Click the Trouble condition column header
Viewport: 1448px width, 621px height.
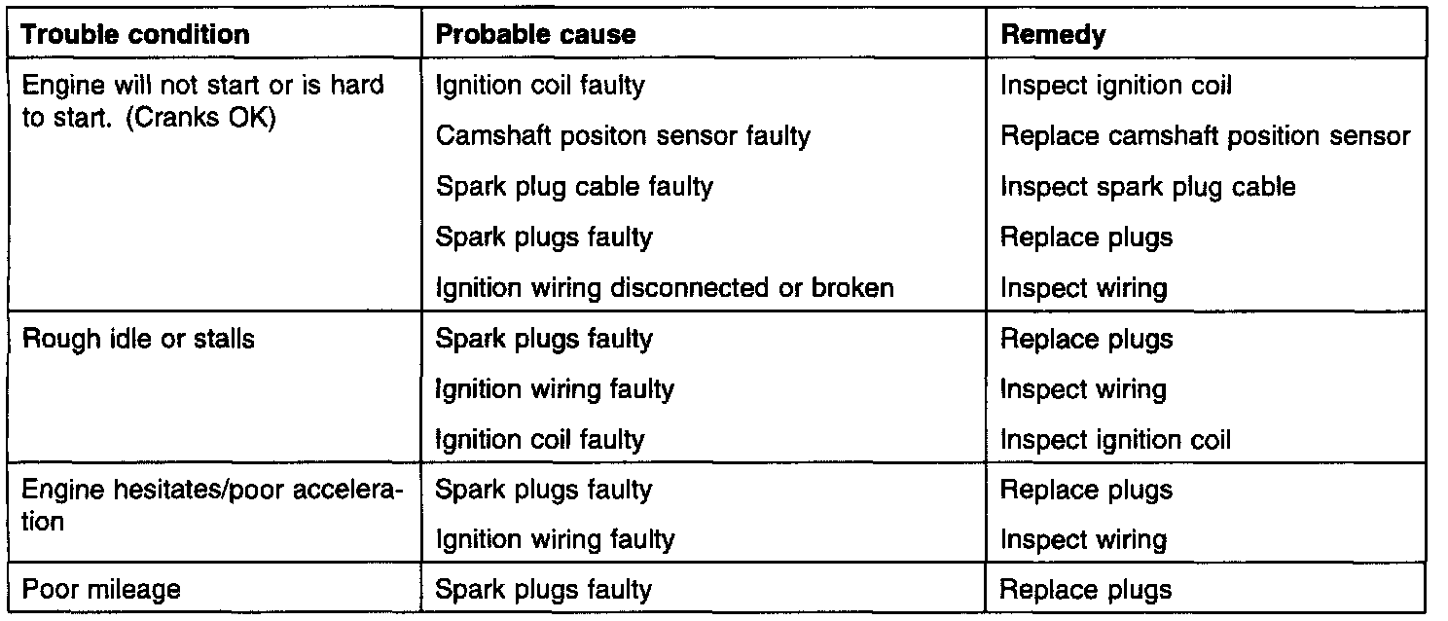click(x=135, y=35)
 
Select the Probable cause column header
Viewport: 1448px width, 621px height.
click(x=535, y=35)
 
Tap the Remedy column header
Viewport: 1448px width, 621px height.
click(x=1053, y=35)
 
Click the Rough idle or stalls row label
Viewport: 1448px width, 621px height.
click(x=138, y=339)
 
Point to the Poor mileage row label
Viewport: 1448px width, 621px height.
click(x=101, y=589)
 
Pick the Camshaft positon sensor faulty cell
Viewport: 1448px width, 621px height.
click(x=623, y=136)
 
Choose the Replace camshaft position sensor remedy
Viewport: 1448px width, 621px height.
click(x=1205, y=136)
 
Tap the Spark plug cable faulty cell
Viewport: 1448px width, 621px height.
click(x=574, y=187)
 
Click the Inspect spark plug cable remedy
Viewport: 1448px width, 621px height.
click(x=1148, y=187)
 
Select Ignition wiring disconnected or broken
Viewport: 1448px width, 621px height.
click(x=665, y=288)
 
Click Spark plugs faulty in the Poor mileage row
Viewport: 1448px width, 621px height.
click(x=544, y=589)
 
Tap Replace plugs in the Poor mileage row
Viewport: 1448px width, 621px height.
click(x=1086, y=589)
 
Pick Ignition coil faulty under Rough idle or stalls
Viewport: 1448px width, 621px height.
click(x=540, y=440)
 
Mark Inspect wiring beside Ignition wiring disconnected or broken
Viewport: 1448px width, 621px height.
click(x=1083, y=288)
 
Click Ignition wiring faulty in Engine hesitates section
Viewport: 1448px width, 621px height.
click(x=555, y=539)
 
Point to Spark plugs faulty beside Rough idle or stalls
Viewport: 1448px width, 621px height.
click(x=544, y=339)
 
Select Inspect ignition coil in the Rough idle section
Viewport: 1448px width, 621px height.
click(x=1115, y=440)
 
